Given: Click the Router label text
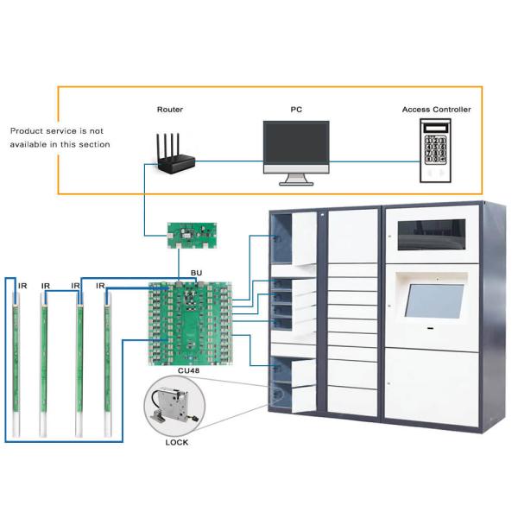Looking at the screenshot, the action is click(x=170, y=110).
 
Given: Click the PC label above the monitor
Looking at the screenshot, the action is click(x=296, y=110).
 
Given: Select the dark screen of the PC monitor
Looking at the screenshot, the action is click(x=296, y=142).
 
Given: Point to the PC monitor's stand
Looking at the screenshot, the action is click(x=296, y=180).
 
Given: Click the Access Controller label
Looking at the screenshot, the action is click(x=436, y=110).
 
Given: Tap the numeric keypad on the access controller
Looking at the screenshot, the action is click(x=435, y=149).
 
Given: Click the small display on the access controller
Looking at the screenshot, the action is click(x=435, y=128).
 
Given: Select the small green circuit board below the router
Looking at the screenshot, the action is click(x=192, y=235).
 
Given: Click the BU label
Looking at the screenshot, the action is click(x=196, y=273).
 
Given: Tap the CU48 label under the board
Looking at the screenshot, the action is click(x=188, y=370).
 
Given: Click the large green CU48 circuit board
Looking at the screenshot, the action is click(x=190, y=324).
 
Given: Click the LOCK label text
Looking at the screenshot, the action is click(x=177, y=442).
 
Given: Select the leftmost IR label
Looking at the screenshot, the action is click(x=22, y=286).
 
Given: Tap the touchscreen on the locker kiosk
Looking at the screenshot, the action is click(x=433, y=301).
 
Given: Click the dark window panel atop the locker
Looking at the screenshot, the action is click(x=432, y=235).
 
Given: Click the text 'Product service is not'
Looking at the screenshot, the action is click(x=57, y=131).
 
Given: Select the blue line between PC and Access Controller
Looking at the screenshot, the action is click(x=375, y=162).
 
